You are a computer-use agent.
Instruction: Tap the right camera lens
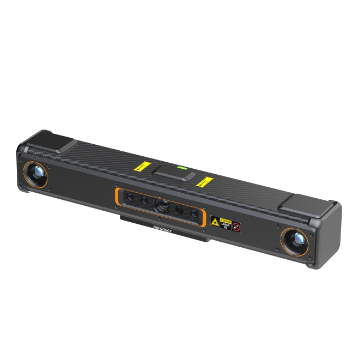pos(295,240)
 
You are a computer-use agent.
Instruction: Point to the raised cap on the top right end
pos(301,203)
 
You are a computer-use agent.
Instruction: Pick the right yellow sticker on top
pos(206,182)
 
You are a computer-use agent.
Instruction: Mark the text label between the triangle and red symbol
pos(227,224)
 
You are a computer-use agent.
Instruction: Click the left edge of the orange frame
pos(117,194)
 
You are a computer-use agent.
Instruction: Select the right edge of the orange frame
pos(205,217)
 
